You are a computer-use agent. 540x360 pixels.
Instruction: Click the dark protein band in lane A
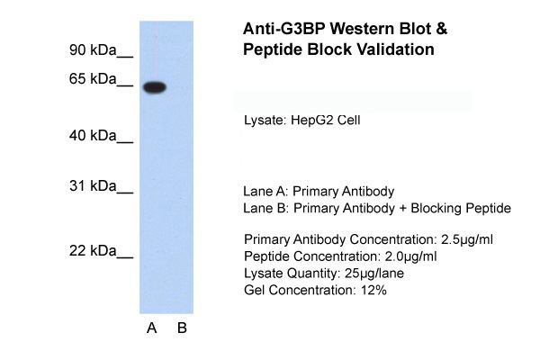pyautogui.click(x=156, y=87)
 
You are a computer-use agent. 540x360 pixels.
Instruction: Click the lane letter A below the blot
pyautogui.click(x=152, y=328)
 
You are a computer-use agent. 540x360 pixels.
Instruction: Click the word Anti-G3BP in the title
pyautogui.click(x=283, y=29)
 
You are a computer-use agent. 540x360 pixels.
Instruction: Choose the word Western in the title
pyautogui.click(x=366, y=29)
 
